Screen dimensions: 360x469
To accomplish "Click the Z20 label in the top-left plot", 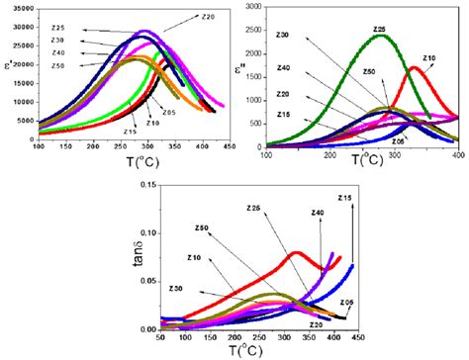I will (208, 17).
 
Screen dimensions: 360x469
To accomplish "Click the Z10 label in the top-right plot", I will (428, 59).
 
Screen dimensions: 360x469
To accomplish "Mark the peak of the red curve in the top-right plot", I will (415, 67).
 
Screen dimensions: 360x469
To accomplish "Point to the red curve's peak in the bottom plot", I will (296, 252).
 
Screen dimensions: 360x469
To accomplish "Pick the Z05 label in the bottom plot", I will (347, 302).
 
